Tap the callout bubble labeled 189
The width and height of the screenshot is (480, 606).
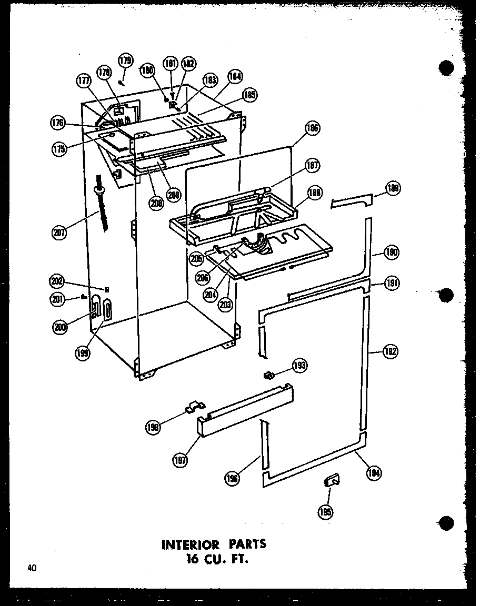coord(394,188)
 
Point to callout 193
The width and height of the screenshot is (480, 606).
coord(301,366)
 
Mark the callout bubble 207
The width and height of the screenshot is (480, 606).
coord(60,232)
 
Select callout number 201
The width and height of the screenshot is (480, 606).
coord(58,299)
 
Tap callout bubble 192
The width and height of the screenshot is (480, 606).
coord(390,352)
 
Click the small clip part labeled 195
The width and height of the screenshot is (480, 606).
coord(332,480)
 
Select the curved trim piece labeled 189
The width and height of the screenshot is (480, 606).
coord(351,200)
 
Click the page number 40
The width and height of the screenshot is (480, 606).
coord(33,568)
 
